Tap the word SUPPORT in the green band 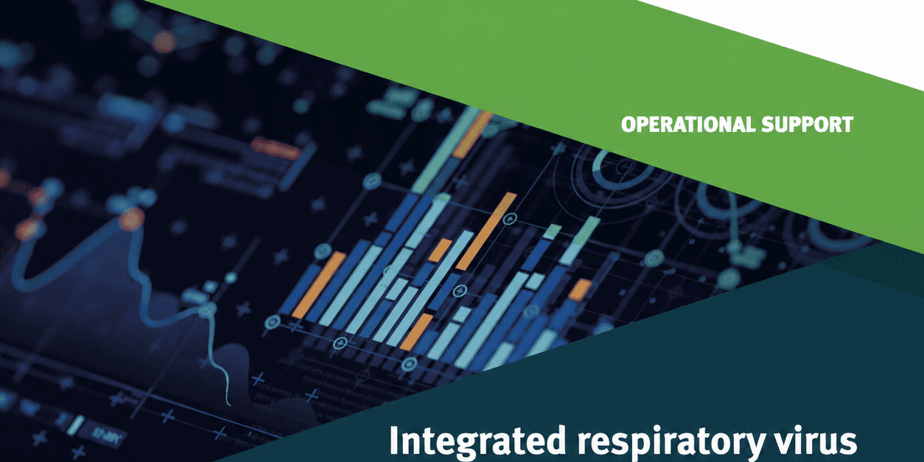(807, 125)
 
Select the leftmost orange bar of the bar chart (318, 284)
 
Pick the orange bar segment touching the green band (473, 135)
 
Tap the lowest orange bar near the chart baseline (416, 332)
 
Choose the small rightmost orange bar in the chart (580, 290)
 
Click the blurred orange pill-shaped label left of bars (275, 149)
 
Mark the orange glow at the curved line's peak (132, 220)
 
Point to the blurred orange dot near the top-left (164, 41)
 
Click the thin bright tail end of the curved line (227, 398)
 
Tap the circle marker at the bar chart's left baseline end (272, 322)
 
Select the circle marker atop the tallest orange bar (510, 218)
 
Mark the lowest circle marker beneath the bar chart (409, 364)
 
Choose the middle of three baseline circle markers (340, 343)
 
